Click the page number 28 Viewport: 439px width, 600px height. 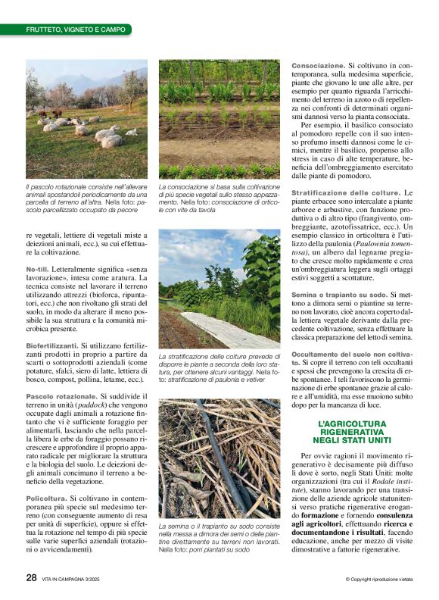click(31, 577)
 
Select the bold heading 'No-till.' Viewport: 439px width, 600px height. click(42, 269)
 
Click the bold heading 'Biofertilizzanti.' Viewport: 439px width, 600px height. click(52, 343)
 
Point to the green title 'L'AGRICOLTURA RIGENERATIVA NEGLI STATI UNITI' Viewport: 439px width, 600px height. click(354, 432)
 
